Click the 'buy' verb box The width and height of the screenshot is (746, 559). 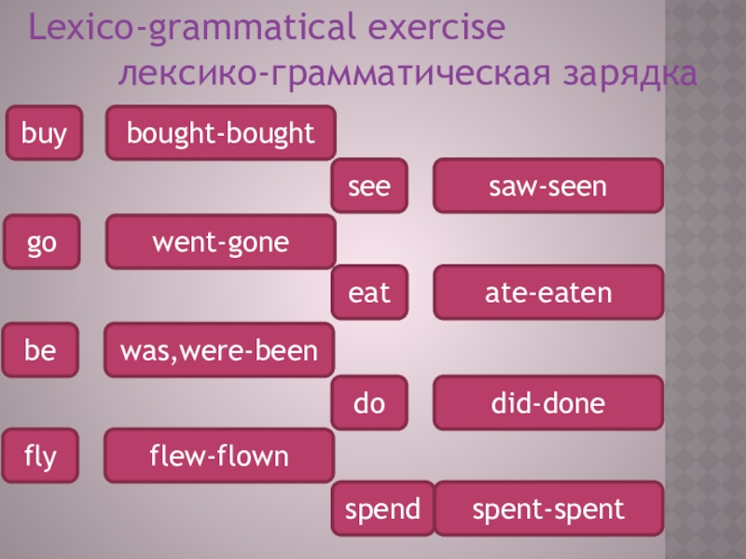(x=44, y=134)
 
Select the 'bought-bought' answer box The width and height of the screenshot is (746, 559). (x=220, y=134)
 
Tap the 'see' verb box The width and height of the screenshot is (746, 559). (x=370, y=187)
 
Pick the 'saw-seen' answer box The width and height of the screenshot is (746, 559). (x=548, y=187)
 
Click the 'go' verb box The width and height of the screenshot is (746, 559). (x=44, y=242)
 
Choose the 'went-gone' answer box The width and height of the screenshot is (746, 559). (x=220, y=242)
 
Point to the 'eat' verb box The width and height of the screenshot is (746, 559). (x=370, y=294)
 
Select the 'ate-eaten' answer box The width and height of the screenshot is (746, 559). (x=548, y=294)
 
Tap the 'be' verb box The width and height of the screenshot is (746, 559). (x=44, y=350)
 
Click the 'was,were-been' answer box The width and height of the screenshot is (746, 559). (x=220, y=350)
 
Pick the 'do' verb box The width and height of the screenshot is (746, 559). (x=370, y=403)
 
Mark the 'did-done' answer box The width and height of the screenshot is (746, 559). (x=548, y=403)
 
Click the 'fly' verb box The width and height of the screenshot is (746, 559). (x=44, y=457)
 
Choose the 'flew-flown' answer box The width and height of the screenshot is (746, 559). (x=220, y=457)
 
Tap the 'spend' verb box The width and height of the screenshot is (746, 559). (x=383, y=510)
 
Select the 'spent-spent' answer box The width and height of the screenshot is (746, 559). (x=548, y=510)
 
